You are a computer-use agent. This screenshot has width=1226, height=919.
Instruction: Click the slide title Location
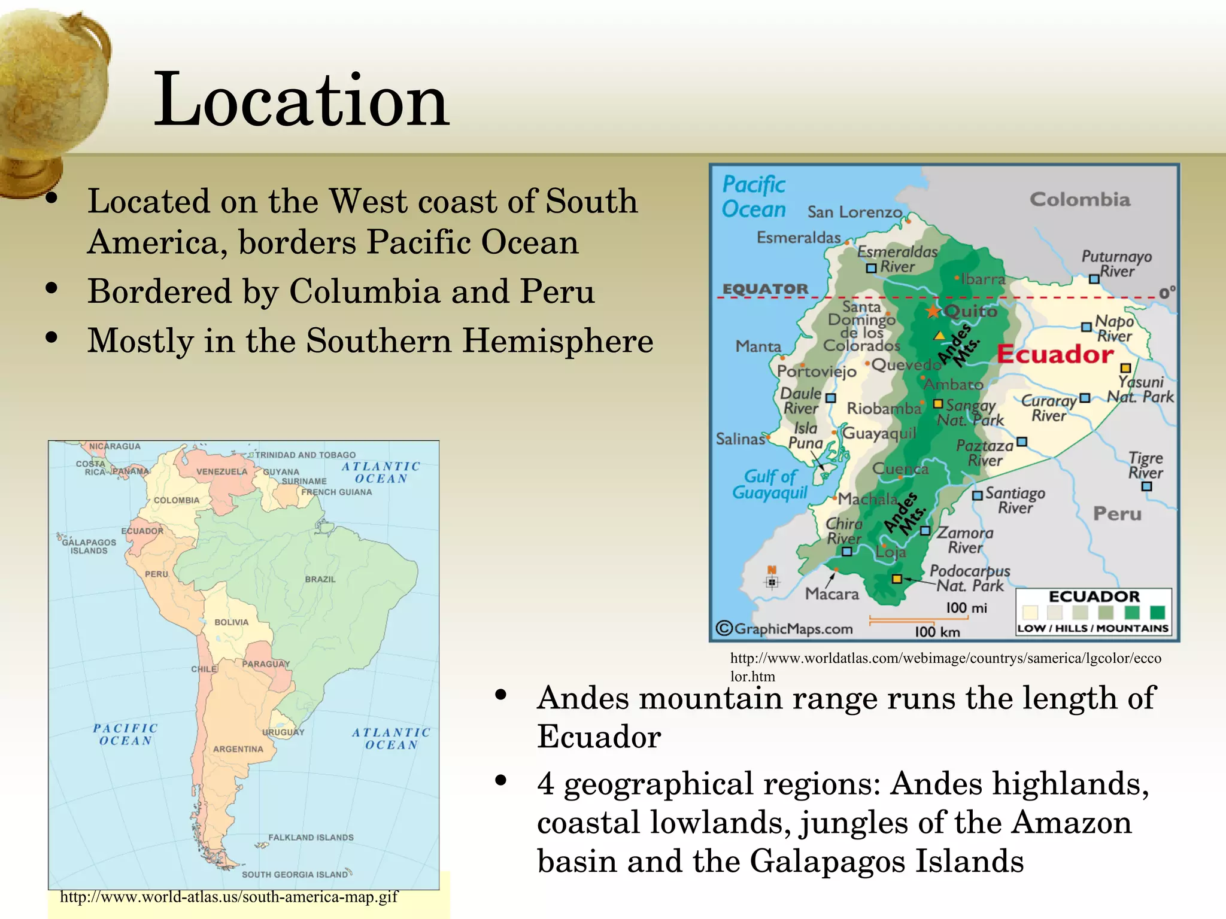click(301, 99)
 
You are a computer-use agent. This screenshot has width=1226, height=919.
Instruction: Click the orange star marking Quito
click(933, 311)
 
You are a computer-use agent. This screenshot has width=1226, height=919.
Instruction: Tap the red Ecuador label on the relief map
click(1055, 354)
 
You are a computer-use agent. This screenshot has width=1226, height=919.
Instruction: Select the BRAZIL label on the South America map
click(320, 579)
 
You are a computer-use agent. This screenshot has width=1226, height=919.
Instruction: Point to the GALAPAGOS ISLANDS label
click(89, 546)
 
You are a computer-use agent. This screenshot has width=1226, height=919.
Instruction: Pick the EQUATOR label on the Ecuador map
click(766, 289)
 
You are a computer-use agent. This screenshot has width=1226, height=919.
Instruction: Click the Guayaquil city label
click(879, 433)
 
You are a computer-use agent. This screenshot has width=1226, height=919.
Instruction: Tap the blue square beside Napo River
click(1087, 327)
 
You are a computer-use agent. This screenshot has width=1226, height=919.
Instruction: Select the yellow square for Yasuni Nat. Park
click(1125, 368)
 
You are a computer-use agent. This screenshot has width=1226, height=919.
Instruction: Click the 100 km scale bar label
click(937, 632)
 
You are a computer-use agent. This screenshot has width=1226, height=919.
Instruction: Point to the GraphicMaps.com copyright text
click(785, 629)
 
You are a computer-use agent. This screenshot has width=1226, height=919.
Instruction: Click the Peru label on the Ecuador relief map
click(1117, 514)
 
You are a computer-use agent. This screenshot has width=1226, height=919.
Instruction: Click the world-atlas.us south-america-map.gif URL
click(229, 897)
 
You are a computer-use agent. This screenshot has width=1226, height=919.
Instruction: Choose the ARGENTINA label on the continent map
click(238, 749)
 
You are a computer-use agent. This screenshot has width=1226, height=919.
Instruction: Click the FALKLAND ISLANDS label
click(311, 838)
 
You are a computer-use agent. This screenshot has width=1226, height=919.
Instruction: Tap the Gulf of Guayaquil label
click(770, 485)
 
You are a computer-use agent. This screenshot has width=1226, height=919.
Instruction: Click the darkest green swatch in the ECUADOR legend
click(1158, 612)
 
